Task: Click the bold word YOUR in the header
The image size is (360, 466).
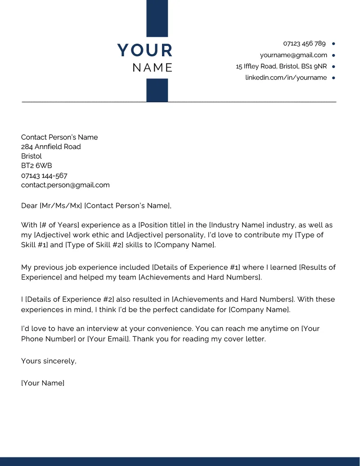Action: [145, 50]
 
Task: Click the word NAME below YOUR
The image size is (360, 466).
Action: [153, 68]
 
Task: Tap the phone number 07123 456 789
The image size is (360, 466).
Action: [304, 44]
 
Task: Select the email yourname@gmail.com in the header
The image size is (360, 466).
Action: [293, 55]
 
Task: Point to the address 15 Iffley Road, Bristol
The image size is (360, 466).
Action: [281, 66]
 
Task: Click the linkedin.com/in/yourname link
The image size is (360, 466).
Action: [286, 77]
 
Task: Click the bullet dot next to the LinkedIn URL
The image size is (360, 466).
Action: [333, 78]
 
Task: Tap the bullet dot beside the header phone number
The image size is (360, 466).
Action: [333, 44]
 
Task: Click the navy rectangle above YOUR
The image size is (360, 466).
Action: [157, 18]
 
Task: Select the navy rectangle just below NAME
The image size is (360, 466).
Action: [157, 90]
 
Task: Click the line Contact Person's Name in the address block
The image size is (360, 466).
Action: [59, 137]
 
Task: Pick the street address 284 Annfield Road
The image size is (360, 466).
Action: [51, 147]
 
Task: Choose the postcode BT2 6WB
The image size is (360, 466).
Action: [36, 166]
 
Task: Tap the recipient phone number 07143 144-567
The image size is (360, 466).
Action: [44, 176]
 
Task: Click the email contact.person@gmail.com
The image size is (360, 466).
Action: [65, 185]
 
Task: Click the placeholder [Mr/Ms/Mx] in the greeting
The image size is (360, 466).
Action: [61, 206]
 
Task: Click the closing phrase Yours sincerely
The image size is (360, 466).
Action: [49, 361]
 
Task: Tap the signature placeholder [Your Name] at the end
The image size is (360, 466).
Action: [43, 383]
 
